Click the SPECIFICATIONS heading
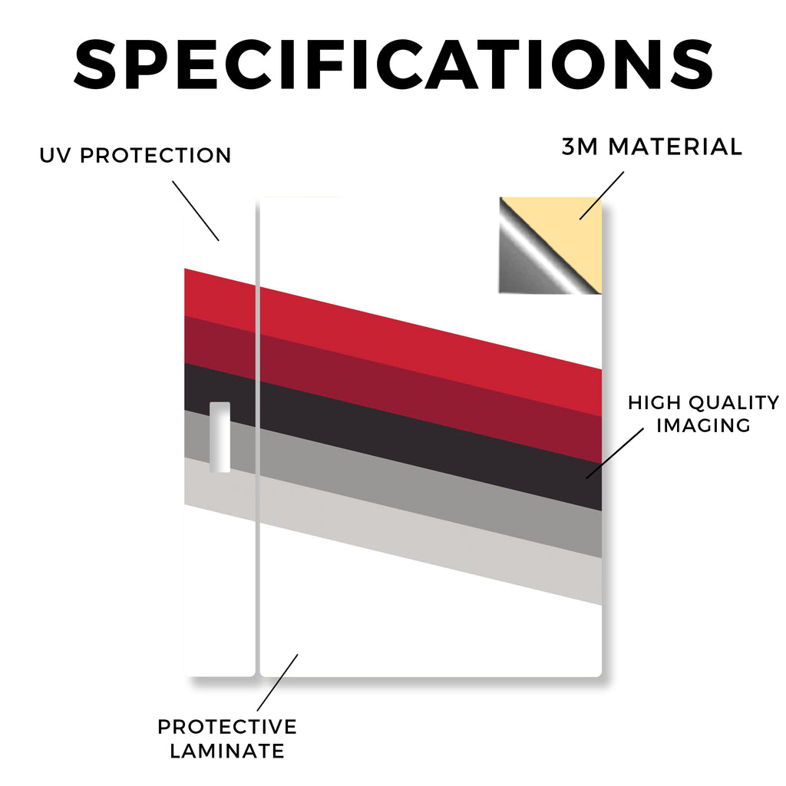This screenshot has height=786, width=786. click(394, 64)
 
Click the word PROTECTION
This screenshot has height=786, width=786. click(155, 155)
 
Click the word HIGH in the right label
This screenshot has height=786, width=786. click(654, 402)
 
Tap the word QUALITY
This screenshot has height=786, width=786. click(734, 402)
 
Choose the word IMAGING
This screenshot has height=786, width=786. click(703, 425)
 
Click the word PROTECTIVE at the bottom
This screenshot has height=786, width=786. click(227, 727)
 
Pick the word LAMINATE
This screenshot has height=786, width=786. click(227, 751)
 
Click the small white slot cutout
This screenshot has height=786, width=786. click(220, 437)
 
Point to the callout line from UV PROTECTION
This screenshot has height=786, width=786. click(196, 211)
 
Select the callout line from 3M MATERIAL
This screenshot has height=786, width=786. click(602, 196)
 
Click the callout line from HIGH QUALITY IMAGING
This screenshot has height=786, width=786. click(615, 453)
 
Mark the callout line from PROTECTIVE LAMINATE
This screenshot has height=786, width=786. click(278, 682)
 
